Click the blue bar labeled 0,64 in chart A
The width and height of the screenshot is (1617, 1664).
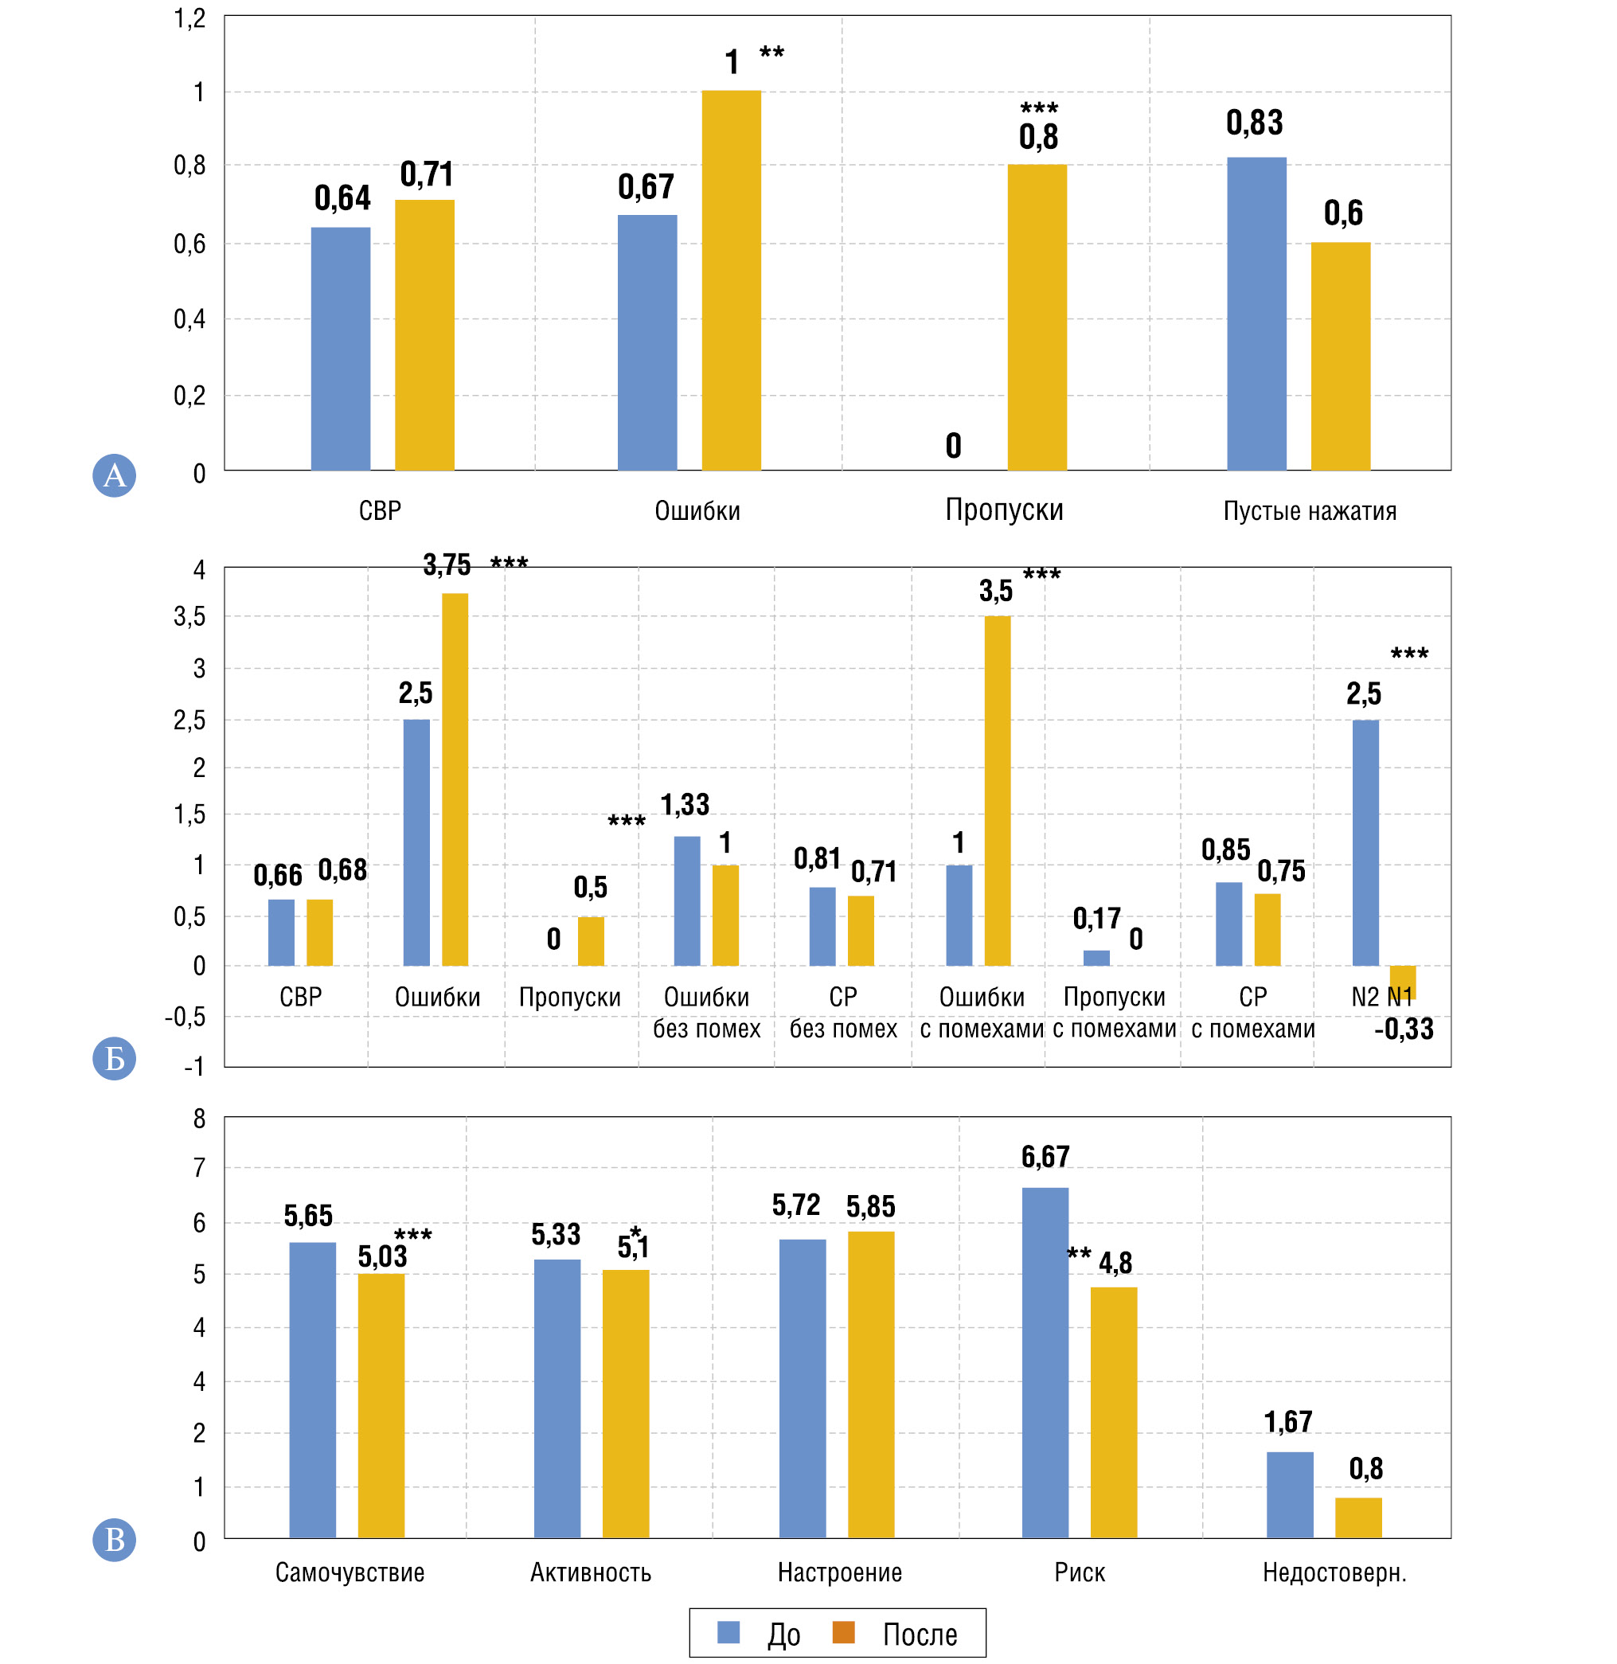click(x=340, y=348)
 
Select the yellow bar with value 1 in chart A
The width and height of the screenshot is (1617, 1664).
click(x=730, y=280)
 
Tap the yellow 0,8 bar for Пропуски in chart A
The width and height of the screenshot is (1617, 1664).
click(x=1037, y=317)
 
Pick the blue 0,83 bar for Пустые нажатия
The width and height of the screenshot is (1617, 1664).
click(x=1256, y=314)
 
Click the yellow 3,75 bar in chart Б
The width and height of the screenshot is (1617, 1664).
click(x=455, y=779)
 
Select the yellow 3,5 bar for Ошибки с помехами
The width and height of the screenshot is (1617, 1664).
click(x=997, y=790)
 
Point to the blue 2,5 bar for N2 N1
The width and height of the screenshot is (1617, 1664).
click(x=1365, y=842)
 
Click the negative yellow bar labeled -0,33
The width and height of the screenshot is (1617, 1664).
click(x=1402, y=981)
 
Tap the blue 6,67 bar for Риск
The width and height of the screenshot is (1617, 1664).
click(x=1045, y=1362)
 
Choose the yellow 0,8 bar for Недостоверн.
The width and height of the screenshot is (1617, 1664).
click(x=1358, y=1518)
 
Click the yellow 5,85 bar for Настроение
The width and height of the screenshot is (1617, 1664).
click(x=870, y=1385)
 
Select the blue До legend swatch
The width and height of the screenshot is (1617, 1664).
click(x=728, y=1631)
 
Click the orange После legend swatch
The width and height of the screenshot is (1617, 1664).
click(x=842, y=1631)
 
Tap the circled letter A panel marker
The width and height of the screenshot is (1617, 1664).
click(x=114, y=475)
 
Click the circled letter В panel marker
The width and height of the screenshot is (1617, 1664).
click(x=114, y=1539)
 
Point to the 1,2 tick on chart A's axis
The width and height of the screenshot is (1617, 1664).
click(x=189, y=18)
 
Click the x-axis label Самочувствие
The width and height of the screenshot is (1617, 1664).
click(x=349, y=1572)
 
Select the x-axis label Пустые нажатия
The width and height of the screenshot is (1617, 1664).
click(x=1309, y=510)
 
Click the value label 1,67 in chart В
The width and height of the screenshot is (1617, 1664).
click(x=1287, y=1422)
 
